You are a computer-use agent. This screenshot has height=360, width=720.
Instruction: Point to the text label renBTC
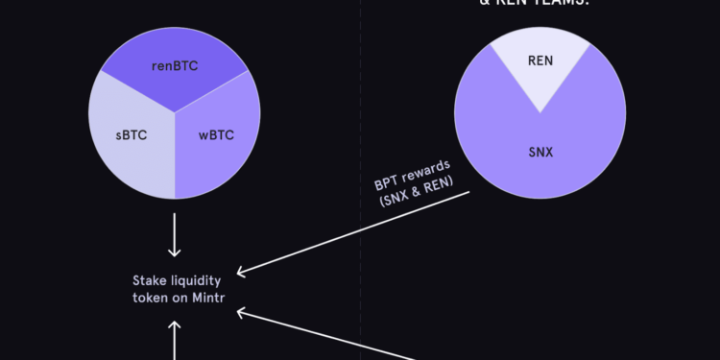click(175, 67)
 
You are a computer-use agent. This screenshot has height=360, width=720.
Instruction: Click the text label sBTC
click(131, 135)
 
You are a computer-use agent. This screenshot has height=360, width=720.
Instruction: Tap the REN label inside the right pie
click(540, 60)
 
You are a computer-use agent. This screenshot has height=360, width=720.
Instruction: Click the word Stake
click(150, 280)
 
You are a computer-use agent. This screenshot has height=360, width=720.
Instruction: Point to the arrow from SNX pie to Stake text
click(355, 231)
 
